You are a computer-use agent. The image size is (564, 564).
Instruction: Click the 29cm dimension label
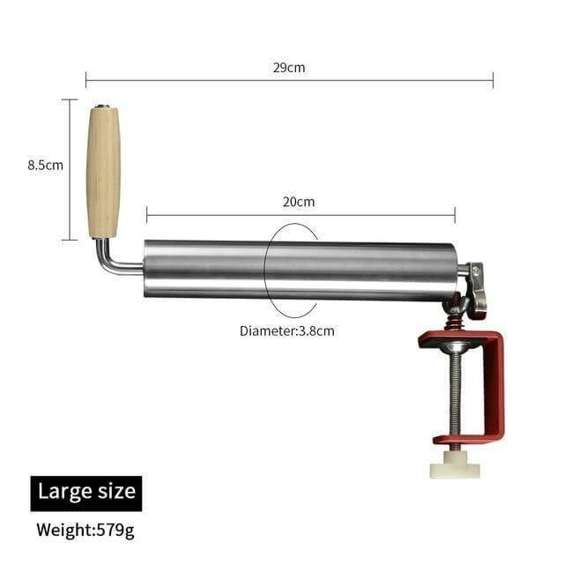click(289, 68)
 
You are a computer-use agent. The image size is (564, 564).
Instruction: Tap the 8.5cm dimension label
click(45, 165)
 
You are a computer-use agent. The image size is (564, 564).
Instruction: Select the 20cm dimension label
click(299, 202)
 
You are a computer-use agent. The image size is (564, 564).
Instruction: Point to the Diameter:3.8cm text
click(287, 331)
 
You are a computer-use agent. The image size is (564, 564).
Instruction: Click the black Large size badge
click(86, 493)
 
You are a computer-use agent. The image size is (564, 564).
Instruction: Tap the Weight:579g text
click(85, 531)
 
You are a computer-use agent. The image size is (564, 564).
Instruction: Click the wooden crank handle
click(103, 172)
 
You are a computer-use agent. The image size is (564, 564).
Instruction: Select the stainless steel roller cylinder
click(301, 270)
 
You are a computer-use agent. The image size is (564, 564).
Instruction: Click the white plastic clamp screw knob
click(455, 465)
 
